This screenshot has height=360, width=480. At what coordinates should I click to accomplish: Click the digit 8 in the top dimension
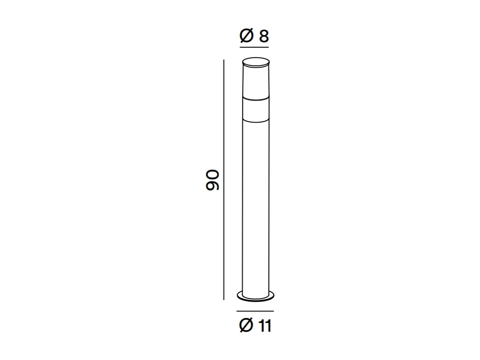(x=264, y=36)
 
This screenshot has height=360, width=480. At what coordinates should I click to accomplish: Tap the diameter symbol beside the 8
(x=247, y=36)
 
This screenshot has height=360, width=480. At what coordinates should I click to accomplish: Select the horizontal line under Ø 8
(x=254, y=46)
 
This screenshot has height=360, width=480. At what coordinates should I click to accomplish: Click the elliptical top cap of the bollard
(x=255, y=60)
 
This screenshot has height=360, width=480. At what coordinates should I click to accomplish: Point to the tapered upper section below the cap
(x=255, y=80)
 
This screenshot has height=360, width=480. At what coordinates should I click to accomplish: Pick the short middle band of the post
(x=255, y=109)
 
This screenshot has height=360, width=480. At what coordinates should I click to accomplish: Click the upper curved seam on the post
(x=255, y=100)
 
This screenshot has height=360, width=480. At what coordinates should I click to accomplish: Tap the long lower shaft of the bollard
(x=255, y=203)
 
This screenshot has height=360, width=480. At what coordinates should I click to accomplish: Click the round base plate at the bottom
(x=255, y=296)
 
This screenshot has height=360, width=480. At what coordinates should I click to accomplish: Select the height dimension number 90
(x=213, y=180)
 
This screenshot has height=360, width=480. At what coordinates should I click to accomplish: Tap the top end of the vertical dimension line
(x=224, y=60)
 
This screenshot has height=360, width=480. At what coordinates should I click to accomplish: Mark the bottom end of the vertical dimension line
(x=224, y=299)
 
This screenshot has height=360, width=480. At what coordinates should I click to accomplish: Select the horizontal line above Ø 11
(x=255, y=311)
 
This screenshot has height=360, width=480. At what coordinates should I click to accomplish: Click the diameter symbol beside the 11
(x=246, y=326)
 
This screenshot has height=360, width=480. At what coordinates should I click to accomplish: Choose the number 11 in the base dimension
(x=265, y=326)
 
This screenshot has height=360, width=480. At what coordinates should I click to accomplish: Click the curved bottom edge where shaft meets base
(x=255, y=292)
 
